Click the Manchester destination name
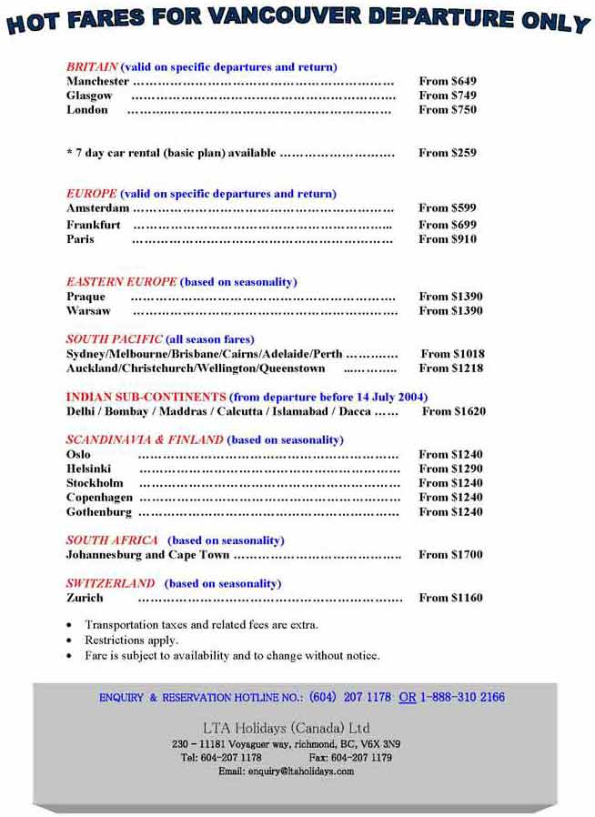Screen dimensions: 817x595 click(x=97, y=81)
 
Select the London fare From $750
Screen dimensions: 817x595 click(x=447, y=110)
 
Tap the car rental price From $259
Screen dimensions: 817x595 click(x=447, y=153)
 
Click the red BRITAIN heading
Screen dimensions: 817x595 click(x=92, y=66)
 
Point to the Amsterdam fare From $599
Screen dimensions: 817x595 click(x=447, y=207)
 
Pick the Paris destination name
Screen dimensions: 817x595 click(x=80, y=239)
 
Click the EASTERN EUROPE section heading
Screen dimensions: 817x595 click(x=121, y=282)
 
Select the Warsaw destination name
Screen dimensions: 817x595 click(x=88, y=311)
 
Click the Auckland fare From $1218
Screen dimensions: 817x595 click(x=450, y=368)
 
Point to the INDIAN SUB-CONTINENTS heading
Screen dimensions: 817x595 click(x=146, y=397)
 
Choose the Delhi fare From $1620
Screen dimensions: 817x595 click(x=453, y=411)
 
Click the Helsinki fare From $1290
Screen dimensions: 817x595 click(x=450, y=469)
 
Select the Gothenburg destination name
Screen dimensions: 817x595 click(x=99, y=512)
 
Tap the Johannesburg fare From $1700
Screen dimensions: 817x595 click(x=450, y=554)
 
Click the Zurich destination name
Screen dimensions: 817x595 click(x=85, y=598)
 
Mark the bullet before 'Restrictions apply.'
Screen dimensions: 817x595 click(x=70, y=640)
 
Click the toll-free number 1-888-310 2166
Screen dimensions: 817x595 click(x=462, y=698)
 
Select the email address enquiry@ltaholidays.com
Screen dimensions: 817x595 click(x=286, y=772)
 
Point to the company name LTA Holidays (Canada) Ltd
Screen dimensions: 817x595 click(x=286, y=728)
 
